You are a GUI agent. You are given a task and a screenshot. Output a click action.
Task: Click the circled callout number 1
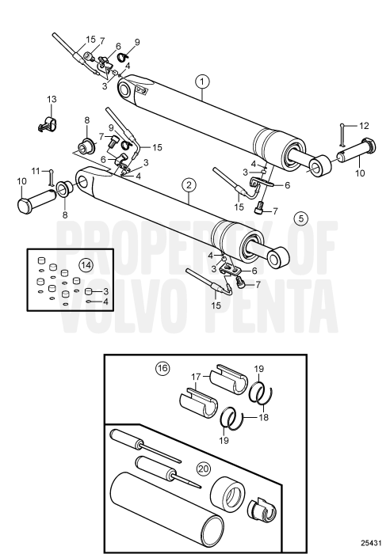click(x=203, y=81)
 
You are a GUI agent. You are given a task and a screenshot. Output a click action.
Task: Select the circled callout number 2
click(x=188, y=185)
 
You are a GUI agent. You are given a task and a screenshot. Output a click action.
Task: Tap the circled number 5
click(x=298, y=217)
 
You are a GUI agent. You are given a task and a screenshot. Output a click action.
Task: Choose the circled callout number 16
click(x=163, y=368)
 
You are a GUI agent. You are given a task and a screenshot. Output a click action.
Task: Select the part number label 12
click(x=364, y=126)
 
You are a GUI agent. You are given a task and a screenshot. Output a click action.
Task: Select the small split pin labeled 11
click(x=52, y=177)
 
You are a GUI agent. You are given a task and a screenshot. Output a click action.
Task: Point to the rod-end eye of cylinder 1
click(x=320, y=165)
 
